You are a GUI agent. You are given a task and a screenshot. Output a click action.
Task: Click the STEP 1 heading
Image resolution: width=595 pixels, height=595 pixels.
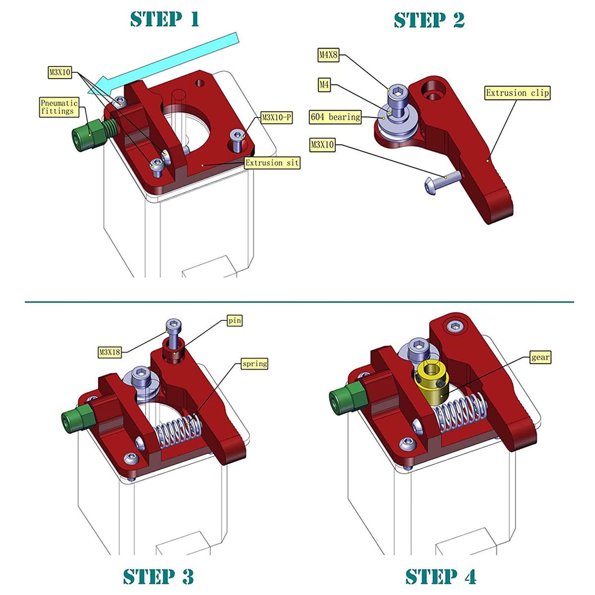click(165, 19)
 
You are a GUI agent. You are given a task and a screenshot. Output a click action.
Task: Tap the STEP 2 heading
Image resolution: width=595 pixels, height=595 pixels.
click(429, 20)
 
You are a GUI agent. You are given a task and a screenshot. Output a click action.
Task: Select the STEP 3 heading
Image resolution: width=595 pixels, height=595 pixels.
click(158, 577)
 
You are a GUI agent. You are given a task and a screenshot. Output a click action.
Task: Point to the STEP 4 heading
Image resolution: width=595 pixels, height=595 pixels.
click(440, 577)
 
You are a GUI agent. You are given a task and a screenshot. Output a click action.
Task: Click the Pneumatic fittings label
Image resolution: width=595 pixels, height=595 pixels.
click(59, 107)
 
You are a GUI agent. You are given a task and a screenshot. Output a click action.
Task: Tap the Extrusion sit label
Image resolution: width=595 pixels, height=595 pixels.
click(272, 163)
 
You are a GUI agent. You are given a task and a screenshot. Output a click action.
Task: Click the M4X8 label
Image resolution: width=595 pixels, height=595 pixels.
click(328, 55)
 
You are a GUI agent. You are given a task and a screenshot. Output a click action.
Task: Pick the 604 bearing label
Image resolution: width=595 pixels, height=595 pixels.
click(335, 117)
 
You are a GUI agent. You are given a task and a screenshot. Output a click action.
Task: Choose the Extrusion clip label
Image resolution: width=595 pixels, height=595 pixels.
click(517, 93)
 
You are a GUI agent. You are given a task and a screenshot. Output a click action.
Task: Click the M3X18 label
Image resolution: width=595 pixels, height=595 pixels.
click(110, 352)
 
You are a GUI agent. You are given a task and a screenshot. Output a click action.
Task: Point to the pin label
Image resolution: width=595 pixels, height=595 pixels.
click(235, 321)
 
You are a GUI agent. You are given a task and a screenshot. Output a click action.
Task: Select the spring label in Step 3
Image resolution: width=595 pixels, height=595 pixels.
click(254, 363)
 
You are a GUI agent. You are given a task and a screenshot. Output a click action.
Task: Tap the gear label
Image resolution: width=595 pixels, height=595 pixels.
click(540, 357)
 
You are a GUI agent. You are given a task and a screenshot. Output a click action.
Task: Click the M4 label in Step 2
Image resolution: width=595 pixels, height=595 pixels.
click(324, 85)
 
